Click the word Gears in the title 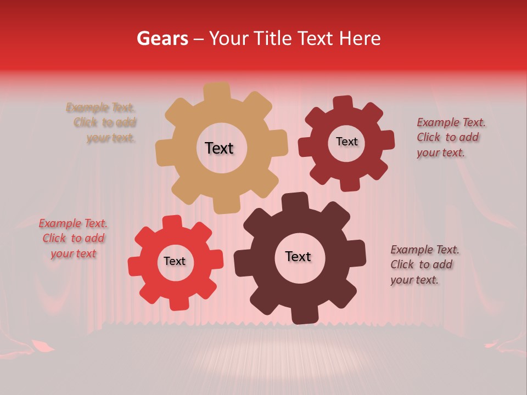161,38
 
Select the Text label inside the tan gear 219,148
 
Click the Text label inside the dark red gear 346,142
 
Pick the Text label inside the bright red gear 175,261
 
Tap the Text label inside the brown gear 298,256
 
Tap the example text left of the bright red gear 73,238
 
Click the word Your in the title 229,38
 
